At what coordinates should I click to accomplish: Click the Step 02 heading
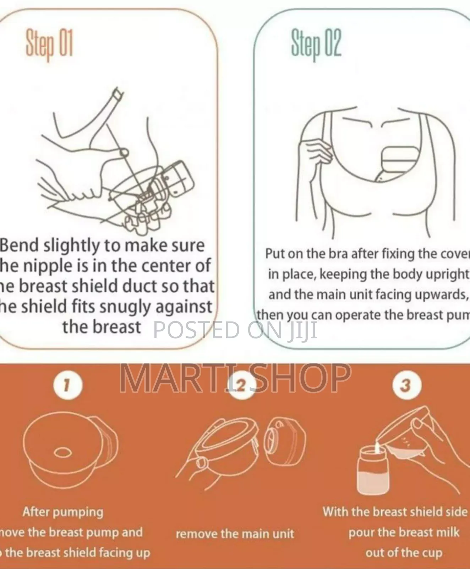pos(316,44)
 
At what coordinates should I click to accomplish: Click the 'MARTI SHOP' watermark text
pos(235,378)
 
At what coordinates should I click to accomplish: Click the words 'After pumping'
pos(63,512)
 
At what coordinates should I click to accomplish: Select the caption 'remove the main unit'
pos(235,533)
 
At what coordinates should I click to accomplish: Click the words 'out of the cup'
pos(404,552)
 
